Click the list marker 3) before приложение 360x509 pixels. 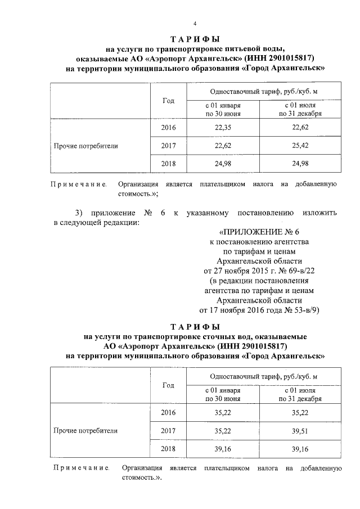(x=79, y=213)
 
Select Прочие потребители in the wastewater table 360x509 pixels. (x=85, y=431)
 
